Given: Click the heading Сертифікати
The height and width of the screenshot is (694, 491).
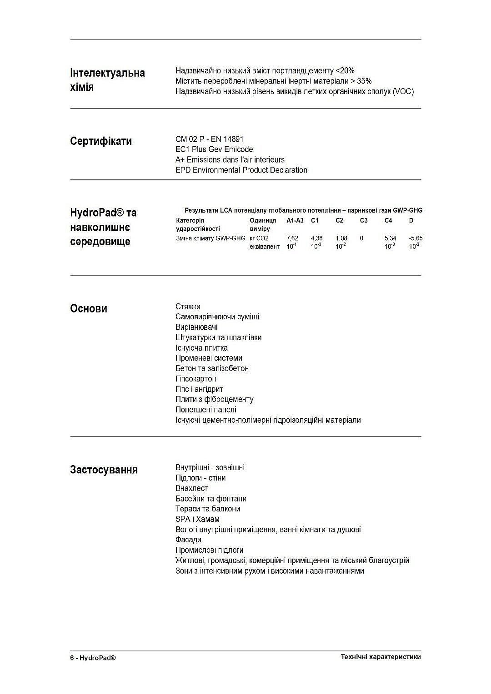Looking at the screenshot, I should tap(101, 141).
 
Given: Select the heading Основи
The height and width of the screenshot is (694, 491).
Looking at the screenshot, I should tap(89, 309).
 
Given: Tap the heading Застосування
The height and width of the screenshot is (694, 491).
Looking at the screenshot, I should tap(104, 470).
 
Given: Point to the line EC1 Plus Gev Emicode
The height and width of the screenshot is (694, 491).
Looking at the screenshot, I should tap(214, 149).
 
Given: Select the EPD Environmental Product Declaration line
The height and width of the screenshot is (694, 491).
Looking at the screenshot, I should tap(241, 170).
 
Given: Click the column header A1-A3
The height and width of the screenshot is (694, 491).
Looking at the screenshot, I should tap(295, 221).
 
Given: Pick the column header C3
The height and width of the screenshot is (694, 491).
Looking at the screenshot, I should tap(364, 221).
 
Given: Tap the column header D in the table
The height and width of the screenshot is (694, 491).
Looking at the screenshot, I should tap(411, 221).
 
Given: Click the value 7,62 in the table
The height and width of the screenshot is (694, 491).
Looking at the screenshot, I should tap(292, 238).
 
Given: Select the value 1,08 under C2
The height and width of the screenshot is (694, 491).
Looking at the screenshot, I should tap(341, 238).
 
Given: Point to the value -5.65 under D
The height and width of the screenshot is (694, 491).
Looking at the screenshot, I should tap(416, 238).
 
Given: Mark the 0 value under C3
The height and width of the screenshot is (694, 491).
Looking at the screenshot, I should tap(361, 238).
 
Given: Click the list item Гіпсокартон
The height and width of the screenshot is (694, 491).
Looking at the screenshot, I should tap(195, 379).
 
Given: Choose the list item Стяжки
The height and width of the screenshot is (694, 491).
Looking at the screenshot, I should tap(188, 307).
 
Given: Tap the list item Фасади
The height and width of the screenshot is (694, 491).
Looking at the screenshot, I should tap(188, 540).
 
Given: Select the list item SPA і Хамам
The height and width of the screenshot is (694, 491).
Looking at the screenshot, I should tap(197, 519).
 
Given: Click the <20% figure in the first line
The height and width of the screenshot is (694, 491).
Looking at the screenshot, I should tap(345, 71).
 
